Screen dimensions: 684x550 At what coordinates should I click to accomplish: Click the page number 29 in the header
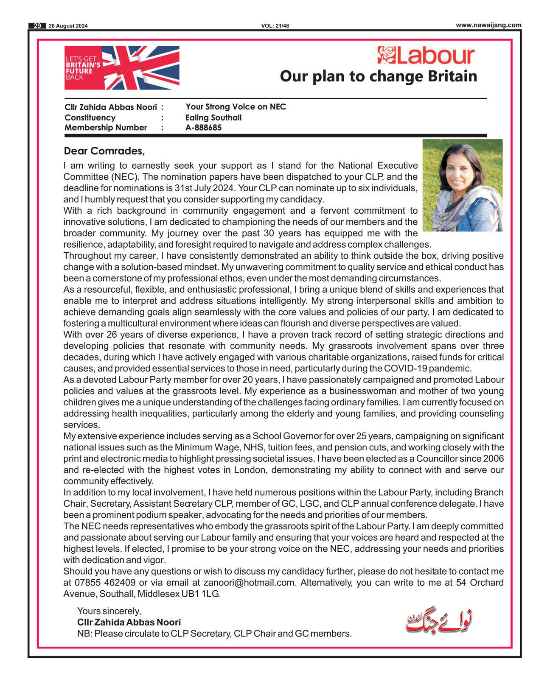coord(37,26)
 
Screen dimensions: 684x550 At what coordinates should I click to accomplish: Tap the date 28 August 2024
coord(68,26)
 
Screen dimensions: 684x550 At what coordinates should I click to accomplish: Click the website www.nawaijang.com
coord(488,25)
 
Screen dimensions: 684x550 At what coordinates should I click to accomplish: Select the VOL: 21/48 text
coord(275,26)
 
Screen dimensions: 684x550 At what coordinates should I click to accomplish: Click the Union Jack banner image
coord(122,68)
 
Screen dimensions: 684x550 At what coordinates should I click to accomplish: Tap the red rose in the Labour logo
coord(386,55)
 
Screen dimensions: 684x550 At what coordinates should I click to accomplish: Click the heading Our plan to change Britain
coord(378,76)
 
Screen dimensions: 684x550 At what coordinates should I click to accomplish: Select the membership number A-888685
coord(203,128)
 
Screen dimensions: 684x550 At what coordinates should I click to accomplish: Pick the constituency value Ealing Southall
coord(213,117)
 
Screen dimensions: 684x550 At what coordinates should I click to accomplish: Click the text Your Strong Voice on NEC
coord(236,107)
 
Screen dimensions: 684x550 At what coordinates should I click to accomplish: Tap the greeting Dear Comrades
coord(104,151)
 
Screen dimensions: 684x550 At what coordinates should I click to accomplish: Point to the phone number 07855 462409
coord(105,583)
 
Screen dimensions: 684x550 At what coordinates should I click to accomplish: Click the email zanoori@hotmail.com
coord(249,583)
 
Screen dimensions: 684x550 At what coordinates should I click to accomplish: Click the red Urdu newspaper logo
coord(439,622)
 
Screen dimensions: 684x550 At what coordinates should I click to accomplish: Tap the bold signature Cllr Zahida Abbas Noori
coord(129,622)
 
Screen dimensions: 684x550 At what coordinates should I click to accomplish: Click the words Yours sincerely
coord(109,611)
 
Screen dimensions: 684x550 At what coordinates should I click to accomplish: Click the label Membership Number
coord(106,128)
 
